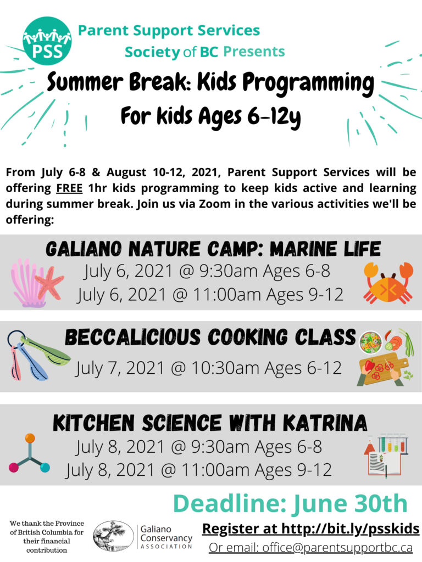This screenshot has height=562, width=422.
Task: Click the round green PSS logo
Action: [x=47, y=41]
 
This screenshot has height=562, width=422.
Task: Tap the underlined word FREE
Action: [x=69, y=188]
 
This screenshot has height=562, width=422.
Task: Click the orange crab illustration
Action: [x=388, y=283]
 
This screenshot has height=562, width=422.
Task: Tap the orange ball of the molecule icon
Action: [x=30, y=438]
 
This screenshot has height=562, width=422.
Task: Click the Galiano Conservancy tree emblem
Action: [x=113, y=536]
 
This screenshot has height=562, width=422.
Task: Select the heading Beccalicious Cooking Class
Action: [x=210, y=337]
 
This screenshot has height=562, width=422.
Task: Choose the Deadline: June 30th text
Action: [x=290, y=503]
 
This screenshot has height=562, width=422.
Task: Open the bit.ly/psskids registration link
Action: [x=350, y=529]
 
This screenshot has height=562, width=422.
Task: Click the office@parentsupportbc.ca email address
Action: [x=337, y=548]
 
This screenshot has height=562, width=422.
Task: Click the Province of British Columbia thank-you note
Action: [x=47, y=537]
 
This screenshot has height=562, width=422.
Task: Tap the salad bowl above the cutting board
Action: [x=370, y=341]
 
